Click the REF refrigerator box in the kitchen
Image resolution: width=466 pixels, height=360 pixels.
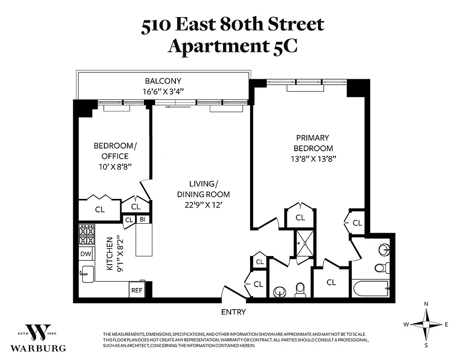pyautogui.click(x=137, y=290)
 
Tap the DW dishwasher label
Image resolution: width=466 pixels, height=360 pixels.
pyautogui.click(x=86, y=254)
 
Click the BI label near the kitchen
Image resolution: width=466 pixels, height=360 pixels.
pyautogui.click(x=143, y=220)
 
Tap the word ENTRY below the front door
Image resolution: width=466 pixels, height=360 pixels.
pyautogui.click(x=233, y=312)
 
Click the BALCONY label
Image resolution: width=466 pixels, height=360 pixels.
pyautogui.click(x=163, y=81)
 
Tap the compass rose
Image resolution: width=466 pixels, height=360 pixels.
pyautogui.click(x=426, y=324)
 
